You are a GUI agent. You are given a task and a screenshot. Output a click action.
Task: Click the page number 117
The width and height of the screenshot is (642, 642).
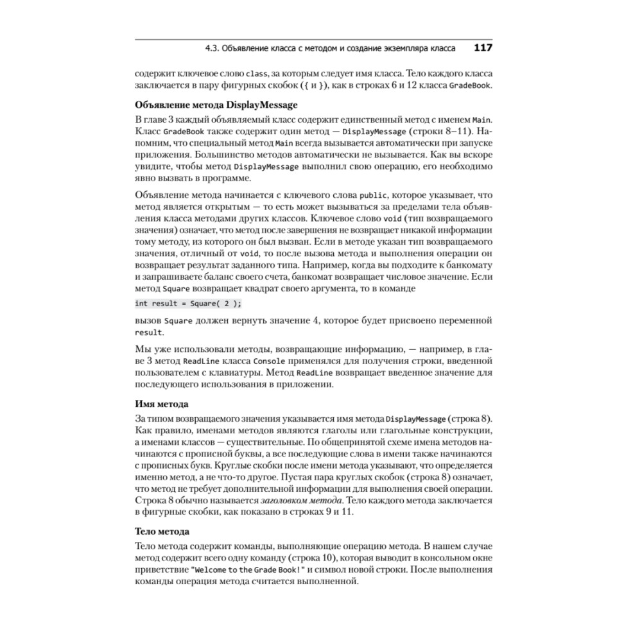click(x=482, y=48)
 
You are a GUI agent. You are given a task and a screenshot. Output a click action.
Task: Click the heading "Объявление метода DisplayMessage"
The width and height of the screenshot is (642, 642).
click(x=216, y=105)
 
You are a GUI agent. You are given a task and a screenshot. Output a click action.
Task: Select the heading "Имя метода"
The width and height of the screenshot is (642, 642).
click(x=162, y=404)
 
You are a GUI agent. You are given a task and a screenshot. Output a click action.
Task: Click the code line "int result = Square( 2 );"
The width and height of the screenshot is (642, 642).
click(x=188, y=304)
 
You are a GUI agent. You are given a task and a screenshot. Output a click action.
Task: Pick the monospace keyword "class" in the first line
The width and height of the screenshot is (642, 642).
click(x=257, y=74)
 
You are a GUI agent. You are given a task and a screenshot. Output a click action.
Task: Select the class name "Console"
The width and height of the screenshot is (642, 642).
click(x=270, y=361)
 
